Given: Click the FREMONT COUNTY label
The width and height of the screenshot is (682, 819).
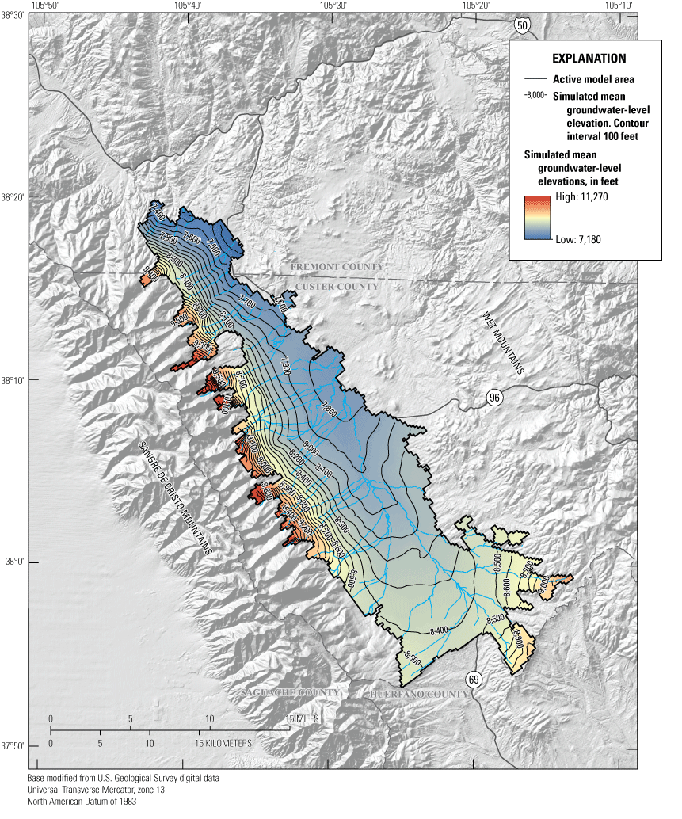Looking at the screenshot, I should coord(336,267).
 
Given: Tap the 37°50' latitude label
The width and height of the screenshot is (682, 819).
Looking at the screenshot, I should coord(13,746).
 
